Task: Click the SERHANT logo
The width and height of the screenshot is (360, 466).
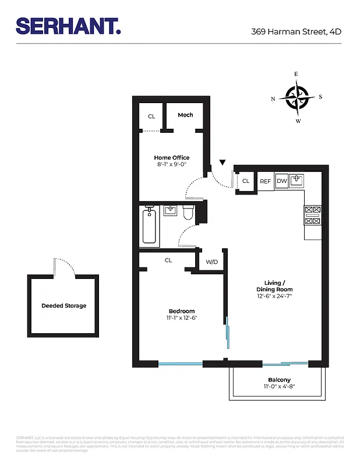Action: tap(68, 26)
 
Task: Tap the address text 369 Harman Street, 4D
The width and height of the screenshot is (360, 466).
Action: tap(296, 31)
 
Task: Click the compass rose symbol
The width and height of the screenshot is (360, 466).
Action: tap(297, 97)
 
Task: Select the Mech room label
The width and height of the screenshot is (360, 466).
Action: tap(185, 115)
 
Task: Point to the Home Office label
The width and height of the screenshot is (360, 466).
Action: tap(171, 158)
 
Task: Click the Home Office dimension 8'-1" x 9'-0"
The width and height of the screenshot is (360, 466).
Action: tap(171, 165)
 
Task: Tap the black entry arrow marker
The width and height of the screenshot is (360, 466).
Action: tap(223, 163)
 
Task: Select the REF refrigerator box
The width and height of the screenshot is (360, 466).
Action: tap(266, 182)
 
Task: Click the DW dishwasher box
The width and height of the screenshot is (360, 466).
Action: tap(281, 182)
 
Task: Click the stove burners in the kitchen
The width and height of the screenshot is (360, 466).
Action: tap(312, 216)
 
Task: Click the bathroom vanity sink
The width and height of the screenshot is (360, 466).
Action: tap(170, 210)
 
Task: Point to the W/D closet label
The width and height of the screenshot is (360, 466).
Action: tap(211, 262)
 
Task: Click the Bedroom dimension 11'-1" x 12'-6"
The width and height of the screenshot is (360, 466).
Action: tap(182, 318)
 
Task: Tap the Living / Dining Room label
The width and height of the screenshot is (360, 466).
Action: tap(274, 286)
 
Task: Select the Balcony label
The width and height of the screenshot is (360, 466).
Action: tap(279, 380)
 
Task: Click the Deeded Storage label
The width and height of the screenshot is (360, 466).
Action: tap(63, 306)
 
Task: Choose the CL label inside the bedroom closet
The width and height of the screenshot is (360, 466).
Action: tap(168, 260)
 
